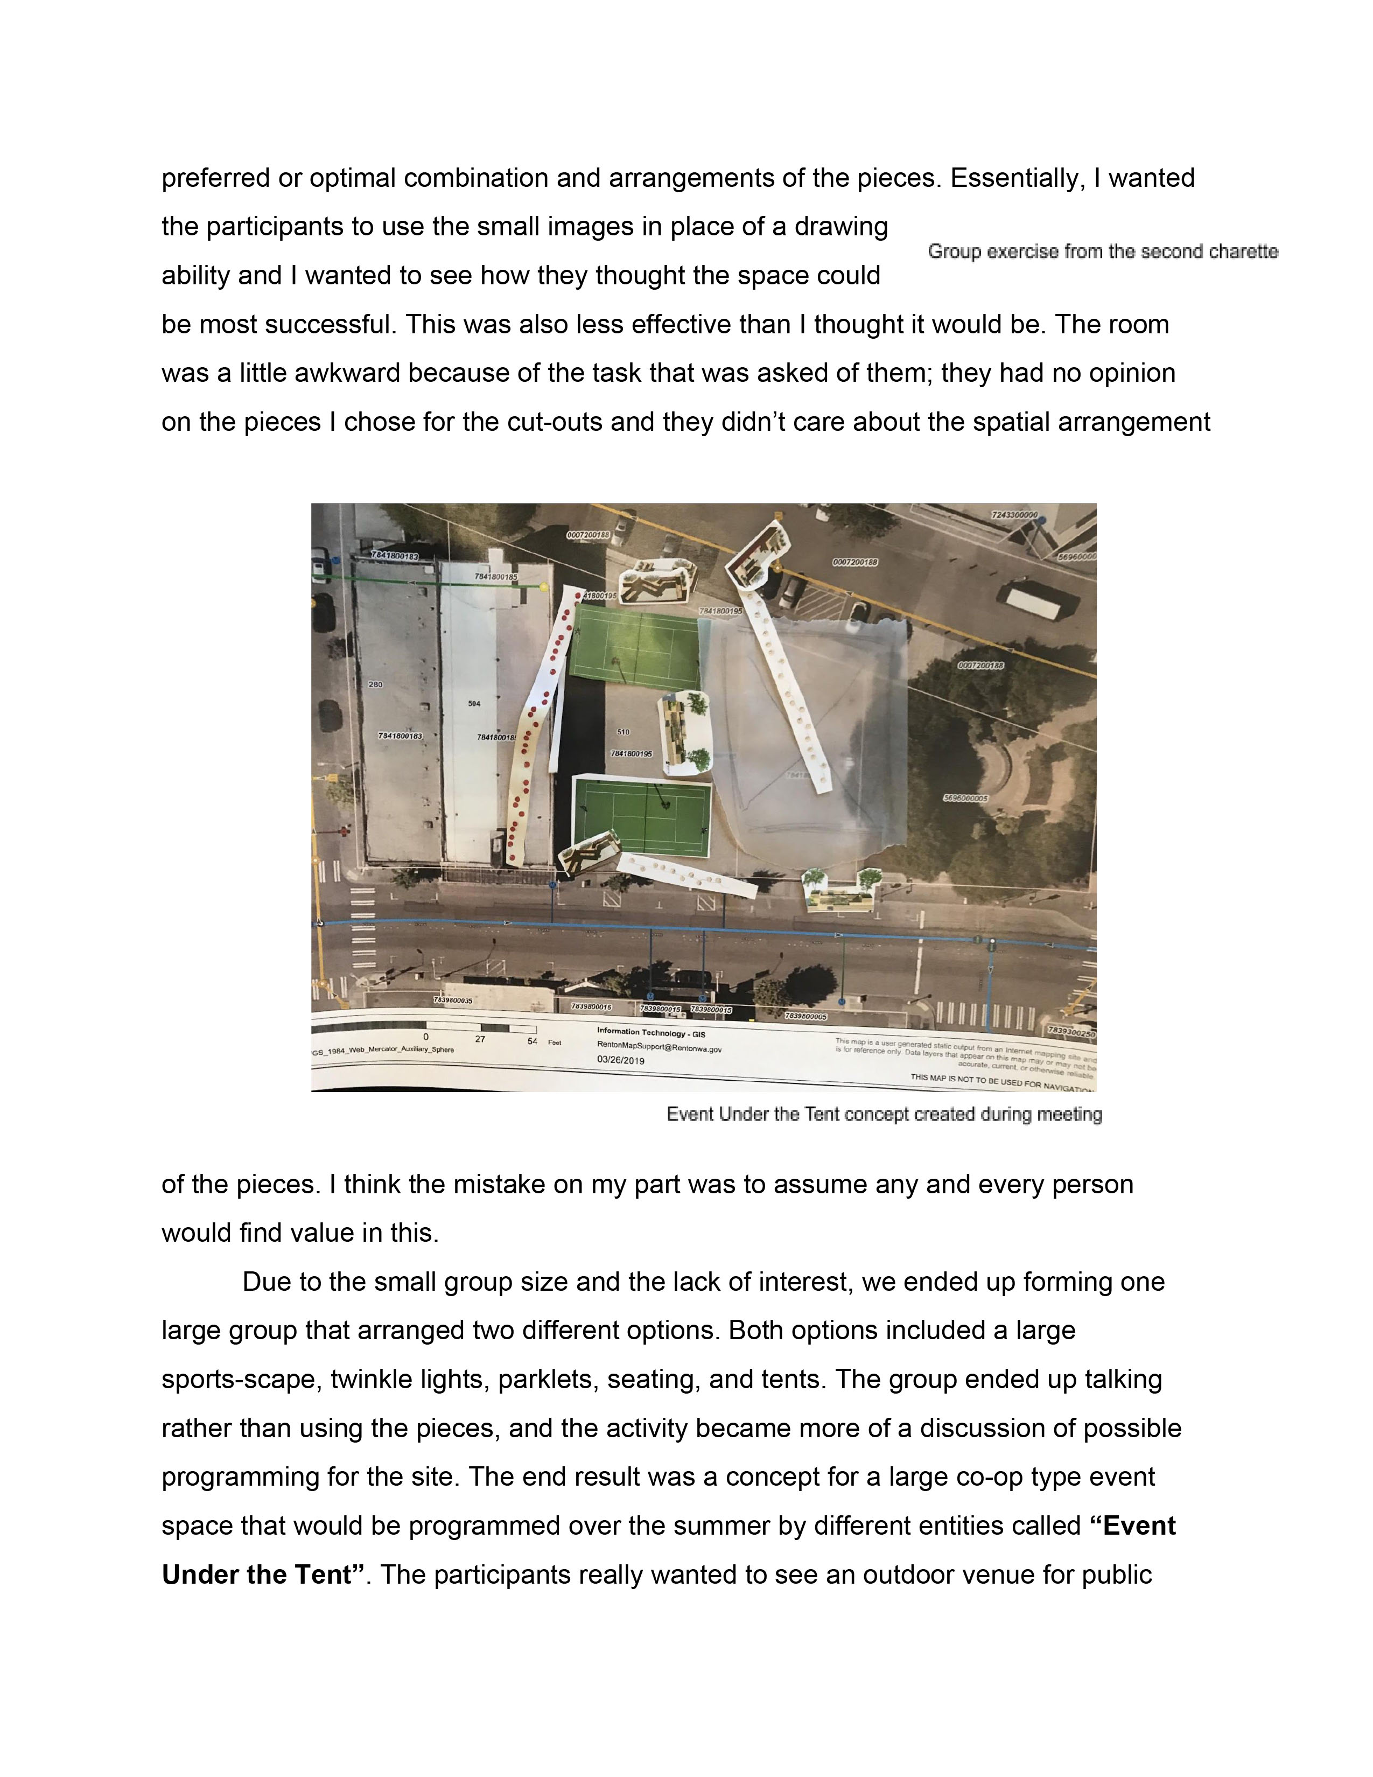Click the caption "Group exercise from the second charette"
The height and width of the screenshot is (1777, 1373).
click(x=1102, y=252)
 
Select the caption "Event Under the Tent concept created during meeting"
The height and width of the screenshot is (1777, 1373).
click(x=884, y=1114)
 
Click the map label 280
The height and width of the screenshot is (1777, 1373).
click(x=375, y=684)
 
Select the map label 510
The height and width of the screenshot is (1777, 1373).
click(x=624, y=732)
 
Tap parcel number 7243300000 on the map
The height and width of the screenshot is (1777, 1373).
click(x=1014, y=515)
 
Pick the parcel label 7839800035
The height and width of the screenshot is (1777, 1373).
click(x=453, y=1000)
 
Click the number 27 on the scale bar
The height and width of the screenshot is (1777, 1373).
click(x=480, y=1039)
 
